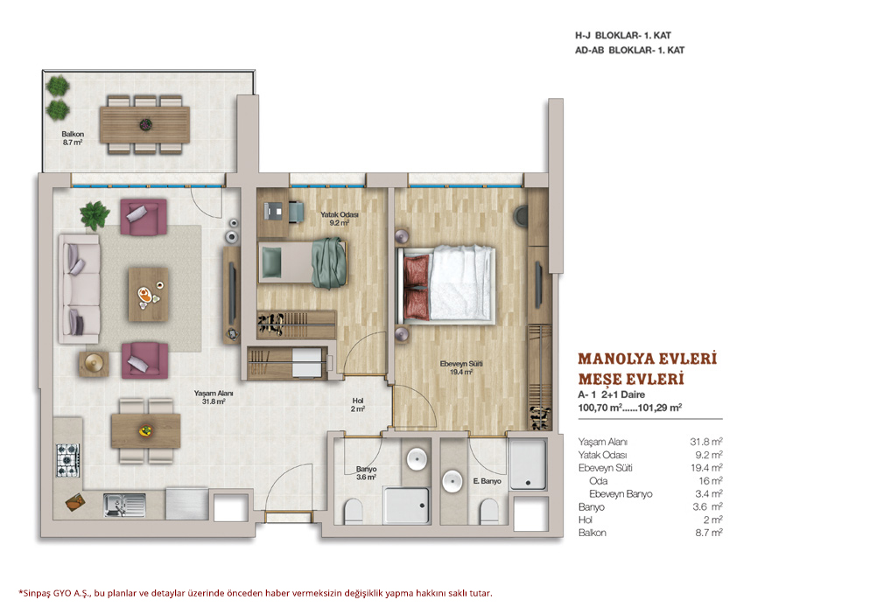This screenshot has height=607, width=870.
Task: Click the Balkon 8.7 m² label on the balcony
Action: point(73,138)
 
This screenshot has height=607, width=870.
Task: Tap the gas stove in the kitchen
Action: point(67,460)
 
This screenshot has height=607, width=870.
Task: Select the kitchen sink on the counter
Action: point(124,505)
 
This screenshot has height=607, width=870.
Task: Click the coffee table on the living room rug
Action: point(148,295)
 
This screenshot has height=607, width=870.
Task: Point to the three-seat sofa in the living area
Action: point(80,289)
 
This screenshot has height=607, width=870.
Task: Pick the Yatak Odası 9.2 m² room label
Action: point(339,219)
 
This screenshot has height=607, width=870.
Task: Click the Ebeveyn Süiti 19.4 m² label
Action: point(461,368)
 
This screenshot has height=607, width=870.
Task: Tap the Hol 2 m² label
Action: point(358,405)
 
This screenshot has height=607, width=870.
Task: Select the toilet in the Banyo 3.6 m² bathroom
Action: point(353,511)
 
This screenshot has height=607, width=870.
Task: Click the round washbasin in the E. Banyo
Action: point(453,480)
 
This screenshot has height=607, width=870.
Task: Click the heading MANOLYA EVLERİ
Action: point(648,359)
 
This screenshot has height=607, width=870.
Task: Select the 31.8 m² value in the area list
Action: point(706,442)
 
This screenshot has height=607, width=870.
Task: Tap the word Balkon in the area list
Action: point(592,533)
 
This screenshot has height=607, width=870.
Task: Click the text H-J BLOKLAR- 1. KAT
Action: point(623,36)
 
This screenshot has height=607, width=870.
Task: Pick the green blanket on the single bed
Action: point(329,262)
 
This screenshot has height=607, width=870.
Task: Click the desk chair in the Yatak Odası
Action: point(296,211)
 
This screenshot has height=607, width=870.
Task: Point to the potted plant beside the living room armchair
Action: point(95,215)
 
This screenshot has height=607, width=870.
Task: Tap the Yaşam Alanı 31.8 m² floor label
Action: point(214,397)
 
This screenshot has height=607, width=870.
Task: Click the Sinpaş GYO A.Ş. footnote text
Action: point(256,593)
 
